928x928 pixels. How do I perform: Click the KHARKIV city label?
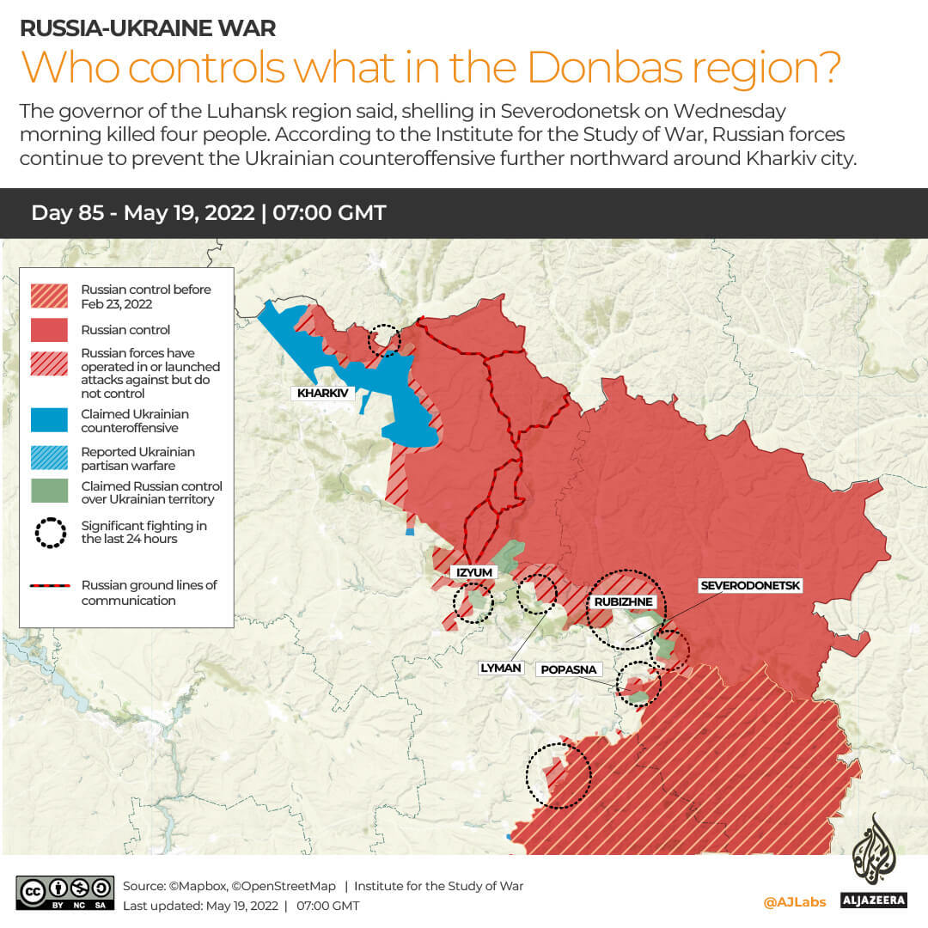pos(322,393)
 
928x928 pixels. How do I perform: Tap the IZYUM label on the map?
pos(473,571)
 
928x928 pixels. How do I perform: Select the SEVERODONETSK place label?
pos(750,585)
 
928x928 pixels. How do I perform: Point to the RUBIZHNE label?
pos(620,601)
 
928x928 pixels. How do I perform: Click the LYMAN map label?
pos(502,667)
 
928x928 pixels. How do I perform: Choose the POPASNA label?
pos(566,669)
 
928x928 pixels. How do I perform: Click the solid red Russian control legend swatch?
pos(49,330)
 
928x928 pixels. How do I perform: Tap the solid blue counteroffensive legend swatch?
pos(49,420)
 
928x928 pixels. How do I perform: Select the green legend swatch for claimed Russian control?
pos(49,491)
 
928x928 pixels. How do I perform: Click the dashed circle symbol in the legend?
pos(50,533)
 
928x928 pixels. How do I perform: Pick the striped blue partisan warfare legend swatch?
pos(49,458)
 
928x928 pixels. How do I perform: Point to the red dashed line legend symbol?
pos(50,586)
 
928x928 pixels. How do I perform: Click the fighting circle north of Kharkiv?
pos(383,340)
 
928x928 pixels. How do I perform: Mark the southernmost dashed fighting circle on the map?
pos(559,775)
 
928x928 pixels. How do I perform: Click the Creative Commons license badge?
pos(64,894)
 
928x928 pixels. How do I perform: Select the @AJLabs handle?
pos(794,901)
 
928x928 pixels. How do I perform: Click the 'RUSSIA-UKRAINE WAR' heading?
pos(148,28)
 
